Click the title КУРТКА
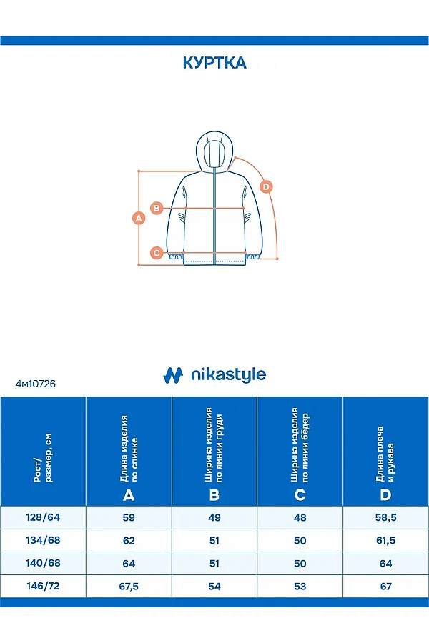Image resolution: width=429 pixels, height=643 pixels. point(214,63)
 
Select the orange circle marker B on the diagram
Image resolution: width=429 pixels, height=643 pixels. point(158,208)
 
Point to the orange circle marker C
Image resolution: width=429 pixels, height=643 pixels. point(157,252)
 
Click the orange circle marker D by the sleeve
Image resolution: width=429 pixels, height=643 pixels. point(266,187)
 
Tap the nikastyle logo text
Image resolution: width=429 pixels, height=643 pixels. point(227,374)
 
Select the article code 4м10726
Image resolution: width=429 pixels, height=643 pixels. point(35,384)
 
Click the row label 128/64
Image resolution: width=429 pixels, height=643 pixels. point(43,517)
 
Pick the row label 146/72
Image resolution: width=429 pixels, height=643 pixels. point(43,586)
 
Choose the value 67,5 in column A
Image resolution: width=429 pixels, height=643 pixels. point(129,587)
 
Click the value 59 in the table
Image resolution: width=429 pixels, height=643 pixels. point(129,518)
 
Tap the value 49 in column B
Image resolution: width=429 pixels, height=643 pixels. point(214,518)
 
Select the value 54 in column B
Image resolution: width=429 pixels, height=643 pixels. point(214,587)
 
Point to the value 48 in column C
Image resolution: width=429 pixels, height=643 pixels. point(300,518)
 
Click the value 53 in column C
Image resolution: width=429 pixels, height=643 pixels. point(300,587)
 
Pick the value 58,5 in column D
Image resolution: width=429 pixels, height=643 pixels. point(386,518)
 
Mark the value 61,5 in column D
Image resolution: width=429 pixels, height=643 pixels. point(386,541)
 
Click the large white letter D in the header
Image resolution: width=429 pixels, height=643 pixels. point(386,495)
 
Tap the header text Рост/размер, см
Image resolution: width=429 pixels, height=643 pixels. point(43,457)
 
